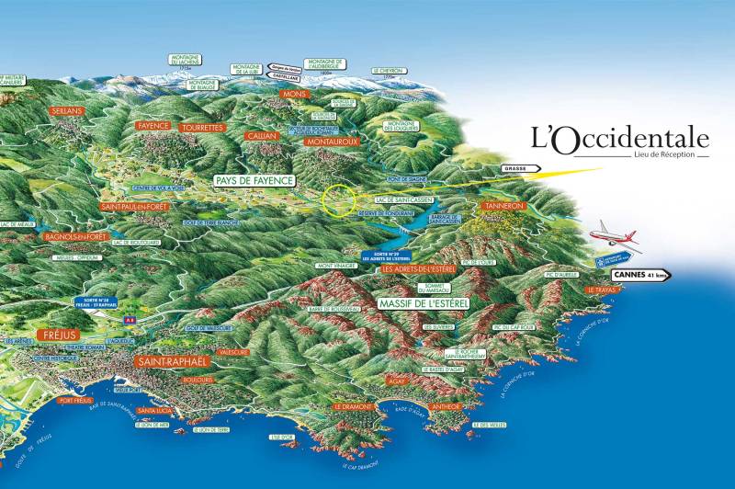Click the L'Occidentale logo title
click(x=620, y=138)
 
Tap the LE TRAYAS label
click(x=601, y=290)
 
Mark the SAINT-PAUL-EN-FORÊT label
click(x=136, y=207)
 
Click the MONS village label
click(x=294, y=94)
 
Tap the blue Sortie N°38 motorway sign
click(x=97, y=302)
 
